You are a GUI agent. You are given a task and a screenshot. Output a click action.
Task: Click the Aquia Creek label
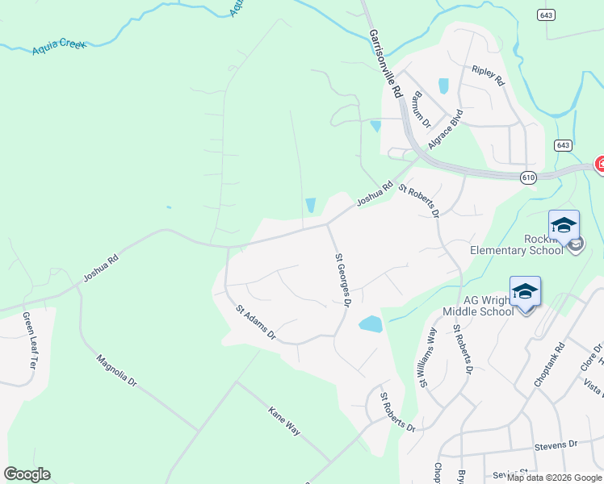click(x=58, y=48)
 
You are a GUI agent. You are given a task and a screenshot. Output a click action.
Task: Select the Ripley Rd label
click(x=488, y=77)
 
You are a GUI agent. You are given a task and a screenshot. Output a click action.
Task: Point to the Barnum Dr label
click(x=418, y=106)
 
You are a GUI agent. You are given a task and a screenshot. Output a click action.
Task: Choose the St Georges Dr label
click(x=342, y=279)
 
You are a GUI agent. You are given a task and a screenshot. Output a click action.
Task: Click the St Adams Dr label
click(x=256, y=322)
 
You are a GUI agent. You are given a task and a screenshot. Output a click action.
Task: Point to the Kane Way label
click(x=284, y=420)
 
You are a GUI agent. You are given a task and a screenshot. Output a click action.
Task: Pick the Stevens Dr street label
click(x=556, y=444)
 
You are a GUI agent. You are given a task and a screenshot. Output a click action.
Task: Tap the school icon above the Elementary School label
click(x=564, y=224)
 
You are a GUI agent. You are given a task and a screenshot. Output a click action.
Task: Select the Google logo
click(x=27, y=474)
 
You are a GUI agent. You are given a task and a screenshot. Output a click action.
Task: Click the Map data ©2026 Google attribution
click(x=553, y=478)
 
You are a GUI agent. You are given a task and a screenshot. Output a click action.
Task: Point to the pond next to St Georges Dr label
click(x=370, y=324)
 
